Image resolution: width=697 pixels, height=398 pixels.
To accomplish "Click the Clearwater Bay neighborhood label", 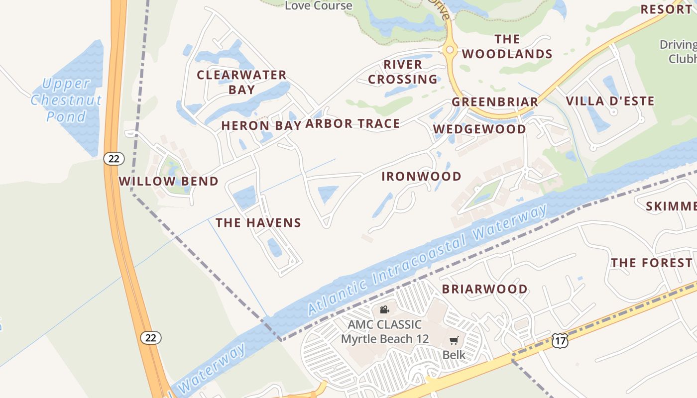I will [x=241, y=82].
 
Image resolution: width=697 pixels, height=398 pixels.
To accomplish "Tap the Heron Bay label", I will [x=261, y=125].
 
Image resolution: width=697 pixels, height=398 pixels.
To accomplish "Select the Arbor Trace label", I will [x=352, y=123].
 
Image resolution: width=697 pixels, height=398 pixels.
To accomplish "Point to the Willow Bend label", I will [x=169, y=181].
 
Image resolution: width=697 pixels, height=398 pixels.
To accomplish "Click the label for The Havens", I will [x=258, y=222].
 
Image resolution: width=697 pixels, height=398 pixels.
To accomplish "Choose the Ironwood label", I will [x=421, y=176].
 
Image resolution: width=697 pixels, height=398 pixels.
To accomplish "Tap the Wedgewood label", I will [x=479, y=129].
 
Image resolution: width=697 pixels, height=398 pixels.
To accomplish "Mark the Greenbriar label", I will [x=494, y=101].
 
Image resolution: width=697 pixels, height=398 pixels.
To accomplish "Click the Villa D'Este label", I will [x=610, y=101].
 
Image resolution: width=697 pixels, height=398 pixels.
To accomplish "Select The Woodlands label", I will [x=507, y=46].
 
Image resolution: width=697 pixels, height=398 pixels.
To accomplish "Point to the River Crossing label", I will [x=403, y=72].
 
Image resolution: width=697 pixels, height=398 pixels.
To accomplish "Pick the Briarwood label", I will [x=484, y=289].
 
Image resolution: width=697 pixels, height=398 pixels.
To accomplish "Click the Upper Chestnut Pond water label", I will [x=66, y=100].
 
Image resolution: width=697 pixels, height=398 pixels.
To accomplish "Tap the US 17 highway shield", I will [x=560, y=341].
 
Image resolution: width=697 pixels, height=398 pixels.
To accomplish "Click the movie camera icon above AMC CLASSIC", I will [x=384, y=310].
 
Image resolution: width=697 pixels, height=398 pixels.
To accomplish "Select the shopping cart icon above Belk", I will [x=454, y=341].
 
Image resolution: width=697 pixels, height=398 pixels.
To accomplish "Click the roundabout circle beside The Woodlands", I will [x=450, y=49].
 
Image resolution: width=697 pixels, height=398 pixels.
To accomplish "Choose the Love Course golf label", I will [x=319, y=6].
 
